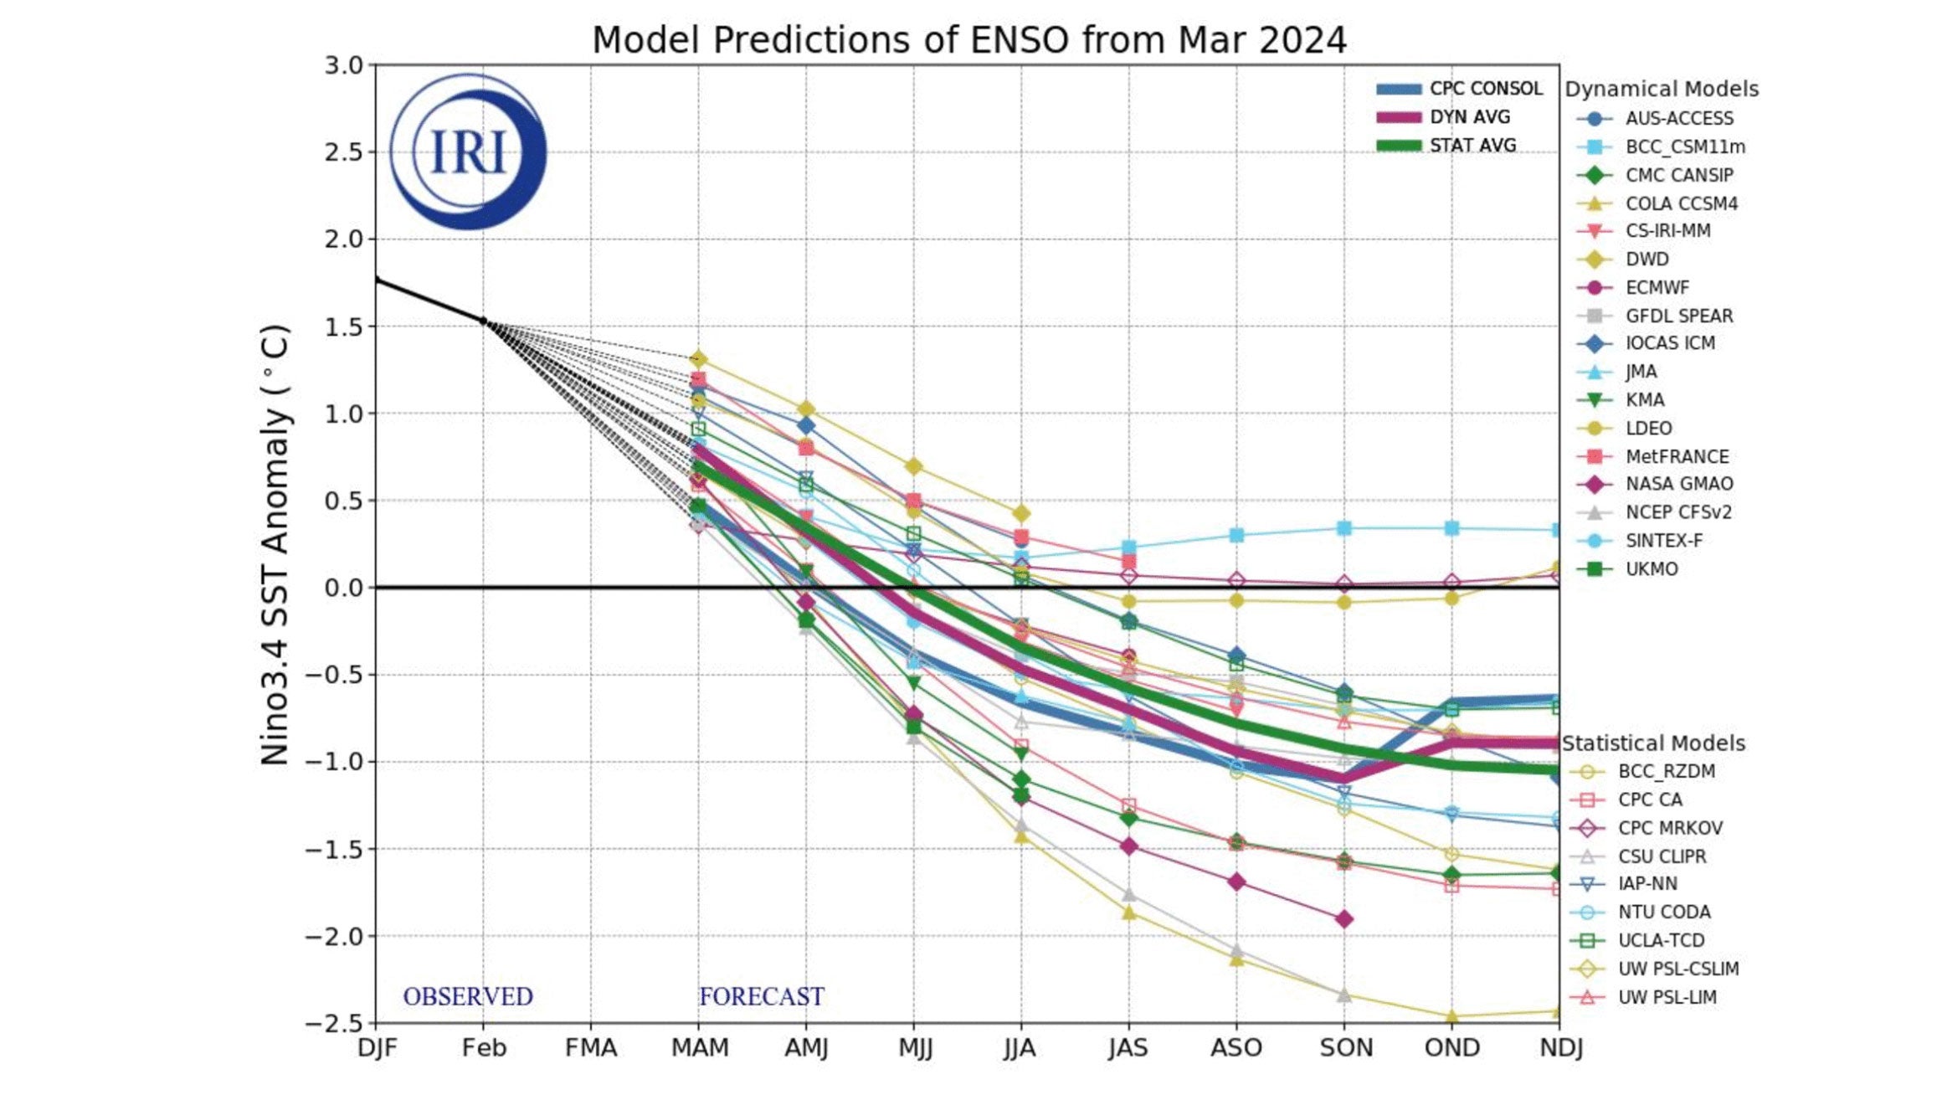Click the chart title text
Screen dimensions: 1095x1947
[x=968, y=40]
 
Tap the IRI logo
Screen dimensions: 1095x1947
[x=468, y=152]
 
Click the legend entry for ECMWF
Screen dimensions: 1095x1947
[x=1656, y=288]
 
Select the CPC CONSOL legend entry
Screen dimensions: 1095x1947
[x=1484, y=89]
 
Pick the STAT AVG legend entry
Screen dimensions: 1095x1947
[x=1472, y=146]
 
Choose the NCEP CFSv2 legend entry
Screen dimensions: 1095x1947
[x=1677, y=512]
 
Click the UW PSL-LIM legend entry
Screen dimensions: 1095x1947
[x=1666, y=998]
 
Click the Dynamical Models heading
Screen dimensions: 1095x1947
[x=1661, y=90]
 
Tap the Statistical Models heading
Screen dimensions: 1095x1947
[x=1652, y=743]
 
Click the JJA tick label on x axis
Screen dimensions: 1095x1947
[x=1020, y=1048]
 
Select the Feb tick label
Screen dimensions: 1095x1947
[x=483, y=1048]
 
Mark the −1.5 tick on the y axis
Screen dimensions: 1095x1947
[x=335, y=850]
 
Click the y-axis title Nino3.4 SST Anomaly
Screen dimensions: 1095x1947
[x=275, y=544]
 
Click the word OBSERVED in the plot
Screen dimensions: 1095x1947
[x=467, y=996]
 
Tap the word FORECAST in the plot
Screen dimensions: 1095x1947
[x=761, y=996]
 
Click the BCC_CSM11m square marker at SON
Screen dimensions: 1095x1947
[x=1343, y=528]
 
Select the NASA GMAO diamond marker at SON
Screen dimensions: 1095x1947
[x=1343, y=919]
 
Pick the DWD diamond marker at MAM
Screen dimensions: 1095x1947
[x=698, y=360]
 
